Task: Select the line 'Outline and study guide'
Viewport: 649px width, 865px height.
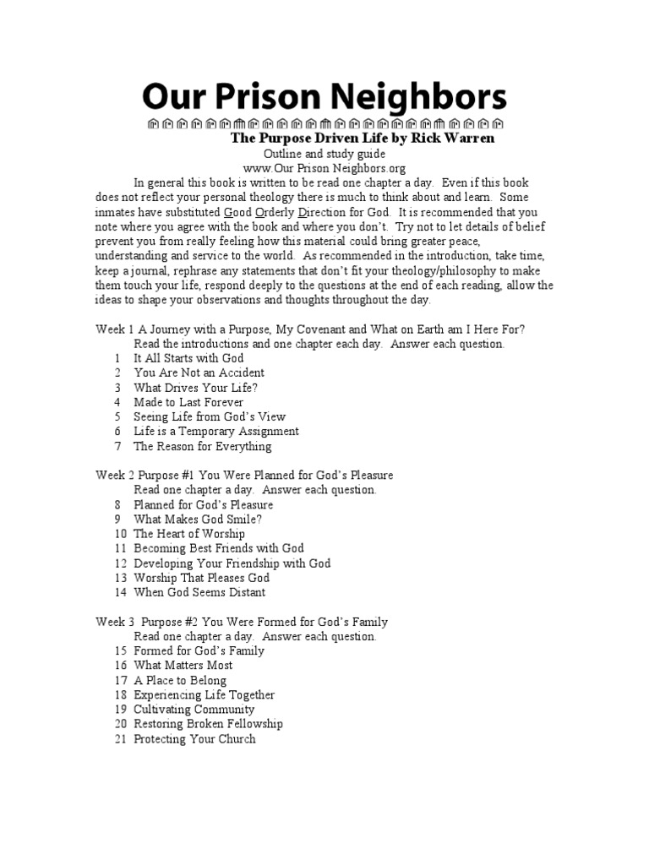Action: pyautogui.click(x=324, y=154)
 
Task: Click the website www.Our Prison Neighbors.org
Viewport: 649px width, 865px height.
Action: pyautogui.click(x=324, y=168)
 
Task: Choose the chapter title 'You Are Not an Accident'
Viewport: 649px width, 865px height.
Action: pyautogui.click(x=199, y=373)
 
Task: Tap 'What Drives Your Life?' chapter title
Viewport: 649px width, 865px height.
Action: pyautogui.click(x=195, y=387)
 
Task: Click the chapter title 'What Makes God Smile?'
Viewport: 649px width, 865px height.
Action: pyautogui.click(x=192, y=520)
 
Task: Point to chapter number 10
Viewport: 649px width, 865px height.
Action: pyautogui.click(x=119, y=534)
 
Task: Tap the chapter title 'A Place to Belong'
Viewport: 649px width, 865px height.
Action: pyautogui.click(x=180, y=680)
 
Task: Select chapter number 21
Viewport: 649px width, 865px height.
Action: pyautogui.click(x=119, y=739)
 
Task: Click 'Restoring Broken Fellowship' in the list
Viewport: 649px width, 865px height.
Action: pyautogui.click(x=208, y=724)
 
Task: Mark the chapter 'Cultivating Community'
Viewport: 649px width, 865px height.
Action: pyautogui.click(x=194, y=710)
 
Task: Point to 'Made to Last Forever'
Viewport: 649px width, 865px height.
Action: pyautogui.click(x=188, y=402)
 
